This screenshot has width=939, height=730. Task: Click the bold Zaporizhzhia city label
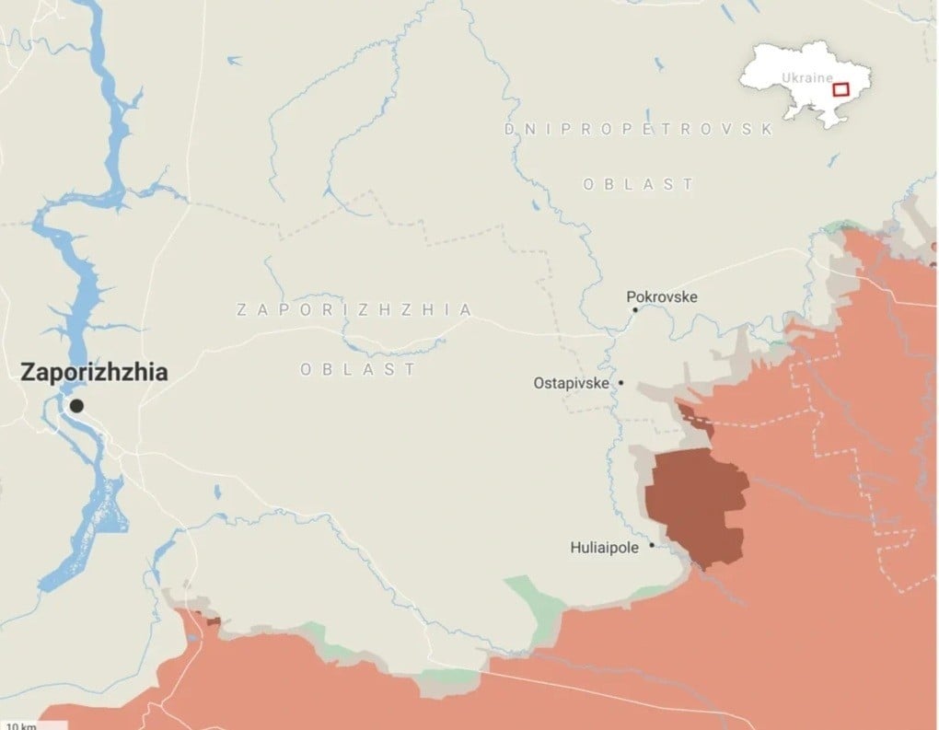94,373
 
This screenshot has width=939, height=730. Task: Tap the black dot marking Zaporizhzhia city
76,406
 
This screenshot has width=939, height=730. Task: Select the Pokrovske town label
661,296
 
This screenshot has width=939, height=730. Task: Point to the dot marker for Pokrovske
634,310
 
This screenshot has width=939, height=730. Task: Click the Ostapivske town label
571,383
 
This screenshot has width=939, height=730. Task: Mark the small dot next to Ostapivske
621,383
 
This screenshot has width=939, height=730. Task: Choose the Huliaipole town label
607,548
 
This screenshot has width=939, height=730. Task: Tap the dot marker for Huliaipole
652,546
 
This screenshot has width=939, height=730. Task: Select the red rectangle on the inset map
840,89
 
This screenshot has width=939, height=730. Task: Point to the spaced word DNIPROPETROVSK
638,130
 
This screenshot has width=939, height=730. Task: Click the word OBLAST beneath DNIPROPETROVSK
638,184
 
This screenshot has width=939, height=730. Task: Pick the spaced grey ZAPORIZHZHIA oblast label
354,310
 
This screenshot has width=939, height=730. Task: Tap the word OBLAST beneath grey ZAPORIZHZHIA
358,369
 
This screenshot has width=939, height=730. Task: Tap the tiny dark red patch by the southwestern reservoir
214,622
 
